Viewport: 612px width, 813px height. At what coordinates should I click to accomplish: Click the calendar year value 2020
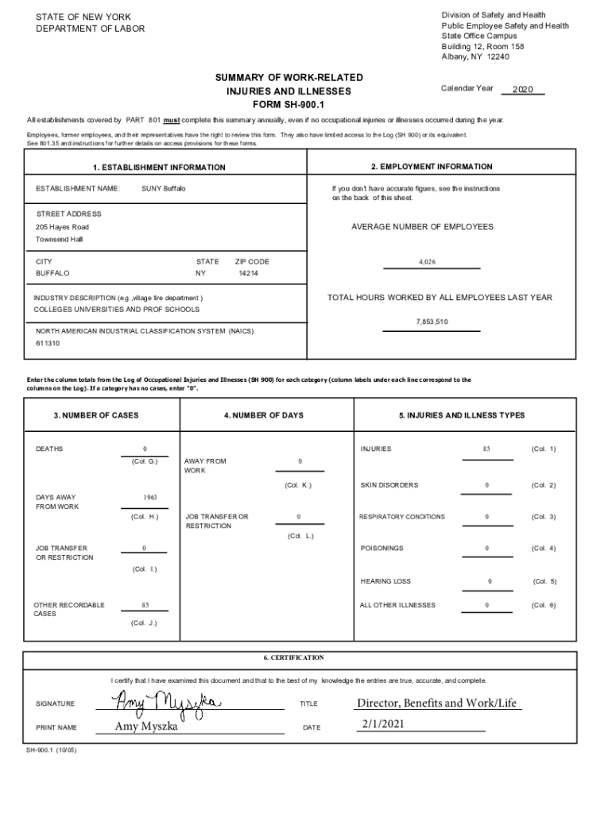(522, 90)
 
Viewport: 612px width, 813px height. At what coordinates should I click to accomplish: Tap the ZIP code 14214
(248, 273)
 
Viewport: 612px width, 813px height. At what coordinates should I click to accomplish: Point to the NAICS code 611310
(48, 344)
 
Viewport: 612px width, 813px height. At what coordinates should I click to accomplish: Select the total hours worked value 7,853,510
(432, 322)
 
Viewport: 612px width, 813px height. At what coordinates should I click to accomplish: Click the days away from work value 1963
(149, 498)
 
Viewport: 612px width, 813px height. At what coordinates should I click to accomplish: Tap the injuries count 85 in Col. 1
(486, 449)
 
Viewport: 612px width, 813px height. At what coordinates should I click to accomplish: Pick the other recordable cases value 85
(145, 605)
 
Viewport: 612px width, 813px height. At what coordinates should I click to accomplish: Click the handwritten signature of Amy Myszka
(162, 700)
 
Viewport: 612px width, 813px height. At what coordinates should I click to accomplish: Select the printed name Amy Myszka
(146, 726)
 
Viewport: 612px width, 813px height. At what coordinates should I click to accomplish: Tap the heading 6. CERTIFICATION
(294, 657)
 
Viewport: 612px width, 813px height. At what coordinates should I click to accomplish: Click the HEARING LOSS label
(385, 581)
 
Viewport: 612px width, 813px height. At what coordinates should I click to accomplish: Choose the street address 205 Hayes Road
(63, 227)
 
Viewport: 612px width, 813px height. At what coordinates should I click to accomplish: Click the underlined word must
(171, 120)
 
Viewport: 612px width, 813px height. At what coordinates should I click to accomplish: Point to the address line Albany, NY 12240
(475, 56)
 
